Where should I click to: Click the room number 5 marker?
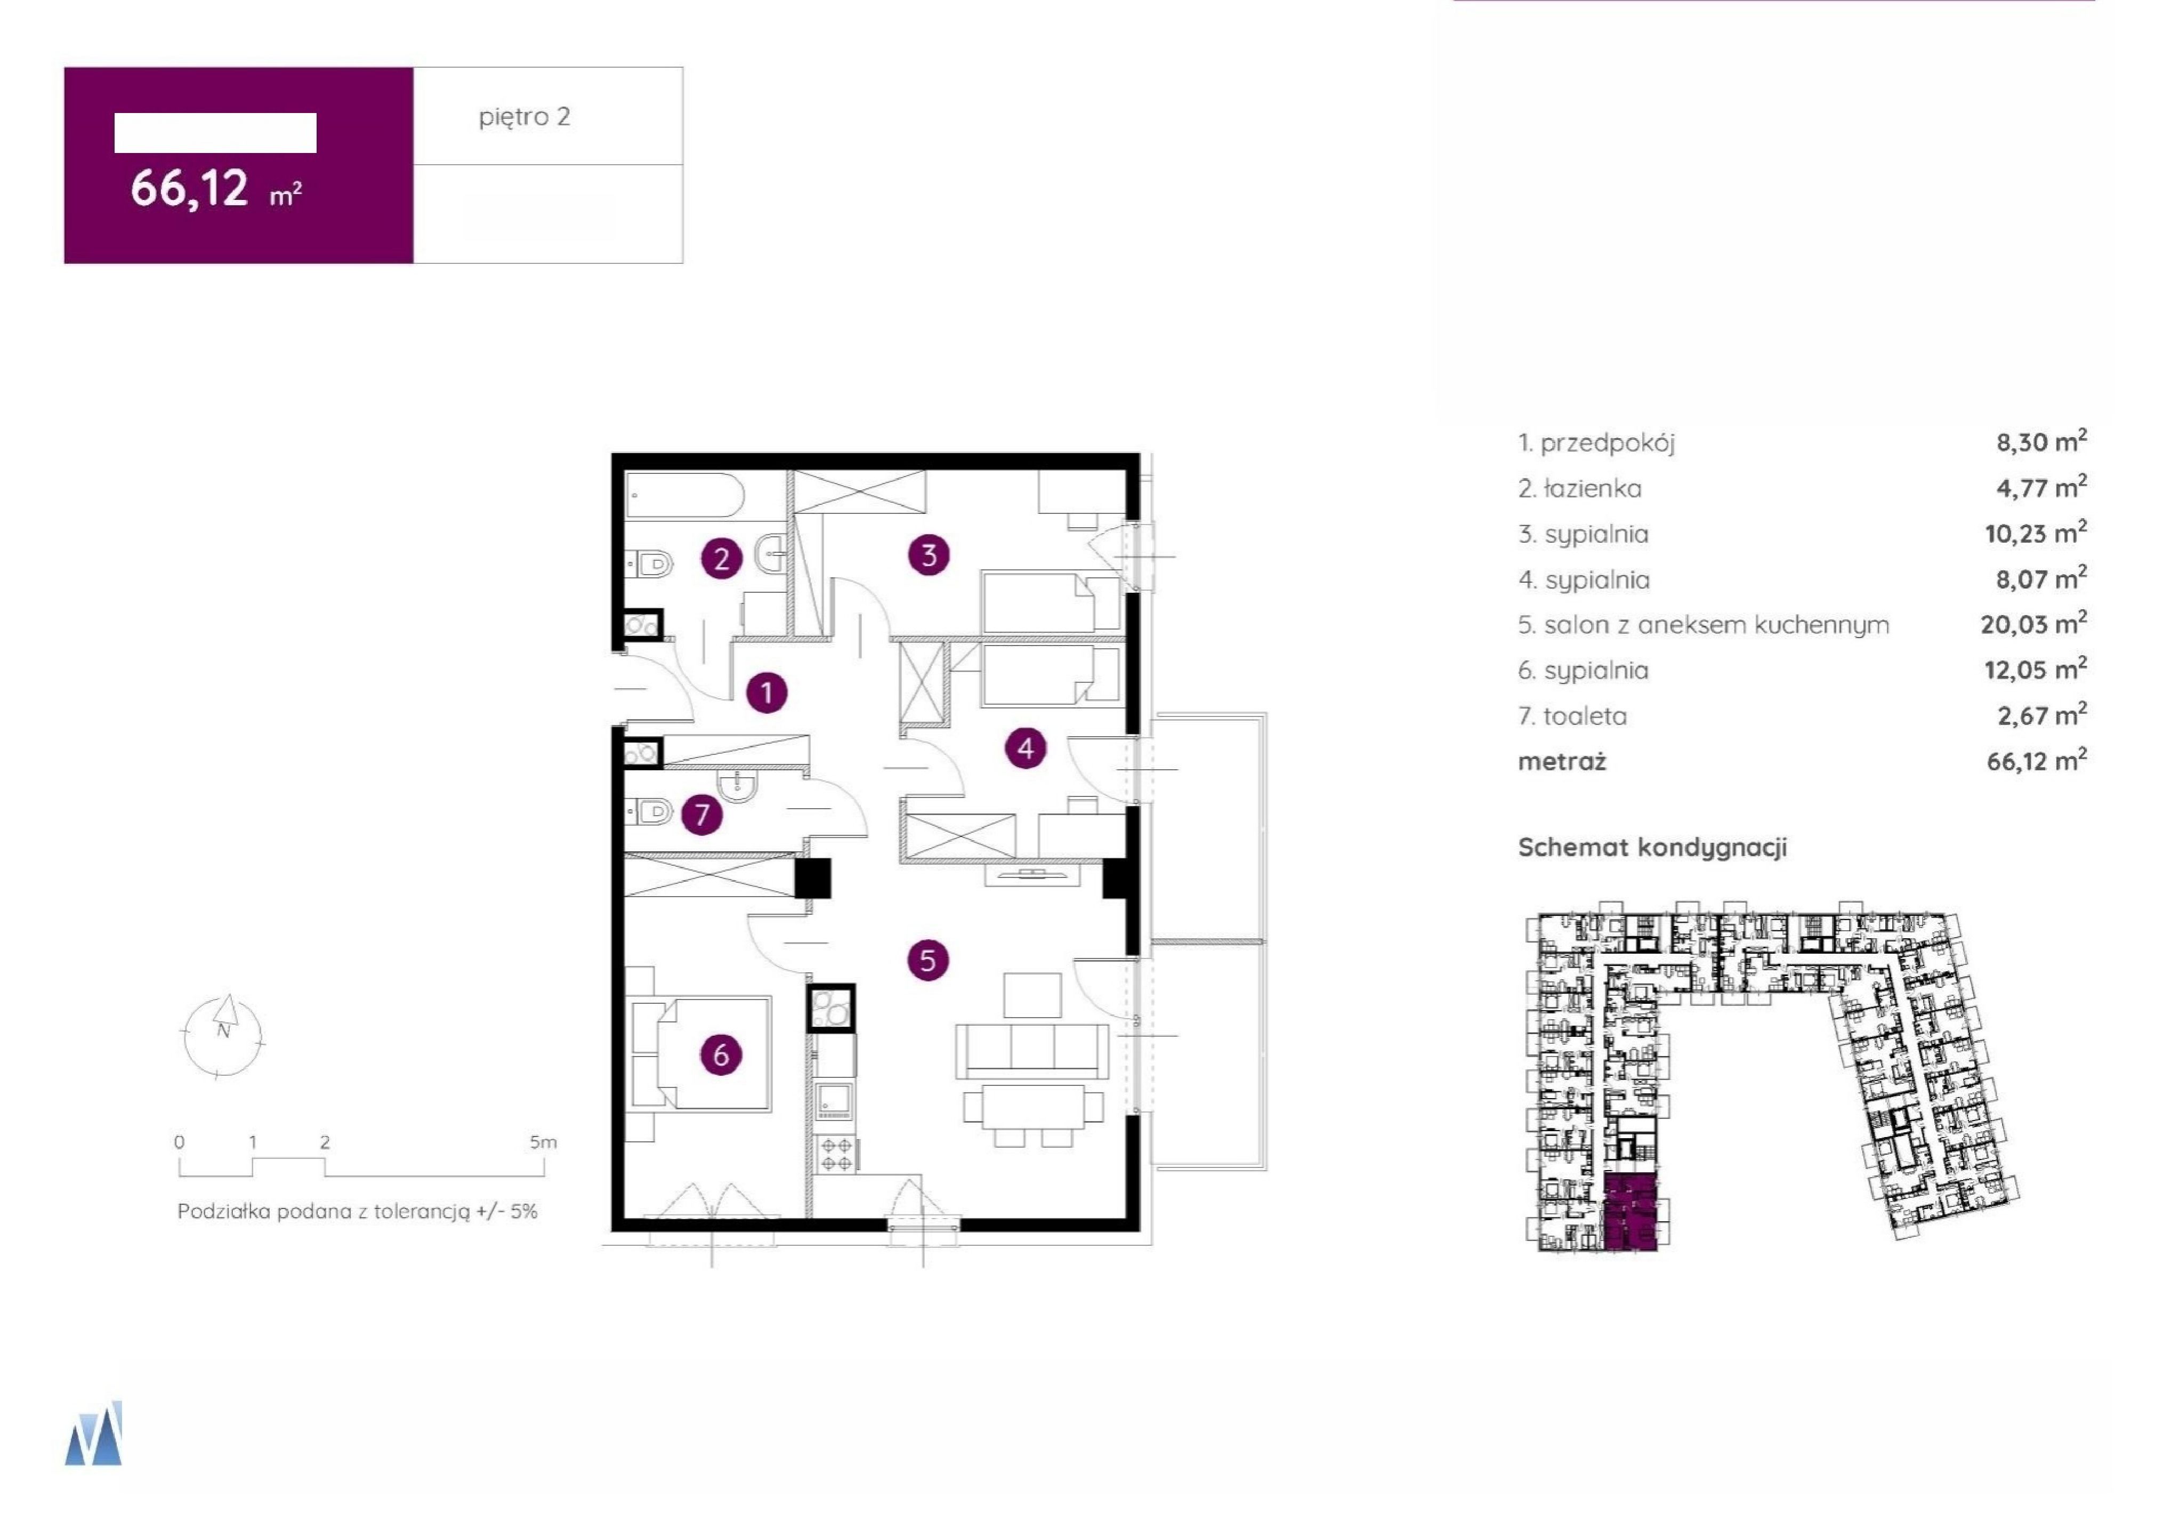tap(927, 961)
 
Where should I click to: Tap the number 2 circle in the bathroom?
tap(722, 559)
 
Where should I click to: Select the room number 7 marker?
tap(701, 815)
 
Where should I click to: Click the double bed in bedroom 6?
tap(702, 1054)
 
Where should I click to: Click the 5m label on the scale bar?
tap(543, 1142)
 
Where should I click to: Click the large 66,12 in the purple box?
tap(189, 188)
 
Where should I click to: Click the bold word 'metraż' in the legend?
tap(1562, 762)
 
